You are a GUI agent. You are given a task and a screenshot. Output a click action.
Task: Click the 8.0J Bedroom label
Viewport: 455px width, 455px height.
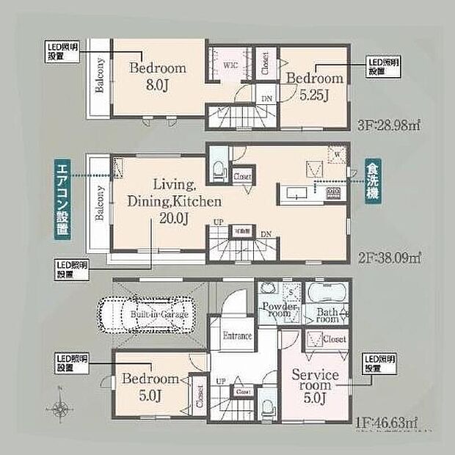click(158, 76)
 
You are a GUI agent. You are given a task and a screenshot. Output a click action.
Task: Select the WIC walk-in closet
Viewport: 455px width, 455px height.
click(230, 65)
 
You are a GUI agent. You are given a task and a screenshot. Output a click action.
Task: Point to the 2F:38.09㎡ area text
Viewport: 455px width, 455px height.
click(388, 258)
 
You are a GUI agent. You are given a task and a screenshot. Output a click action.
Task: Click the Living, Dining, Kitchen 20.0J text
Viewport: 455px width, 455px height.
click(173, 200)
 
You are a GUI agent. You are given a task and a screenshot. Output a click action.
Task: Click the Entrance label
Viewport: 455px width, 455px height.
click(236, 335)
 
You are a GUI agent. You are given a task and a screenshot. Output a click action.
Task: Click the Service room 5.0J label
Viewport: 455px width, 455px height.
click(316, 385)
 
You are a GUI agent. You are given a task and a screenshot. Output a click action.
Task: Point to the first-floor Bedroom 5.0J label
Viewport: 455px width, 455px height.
click(150, 386)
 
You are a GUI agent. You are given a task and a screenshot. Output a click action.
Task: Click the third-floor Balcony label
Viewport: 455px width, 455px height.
click(98, 76)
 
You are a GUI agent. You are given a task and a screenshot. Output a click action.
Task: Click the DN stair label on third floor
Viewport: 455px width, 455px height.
click(266, 98)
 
